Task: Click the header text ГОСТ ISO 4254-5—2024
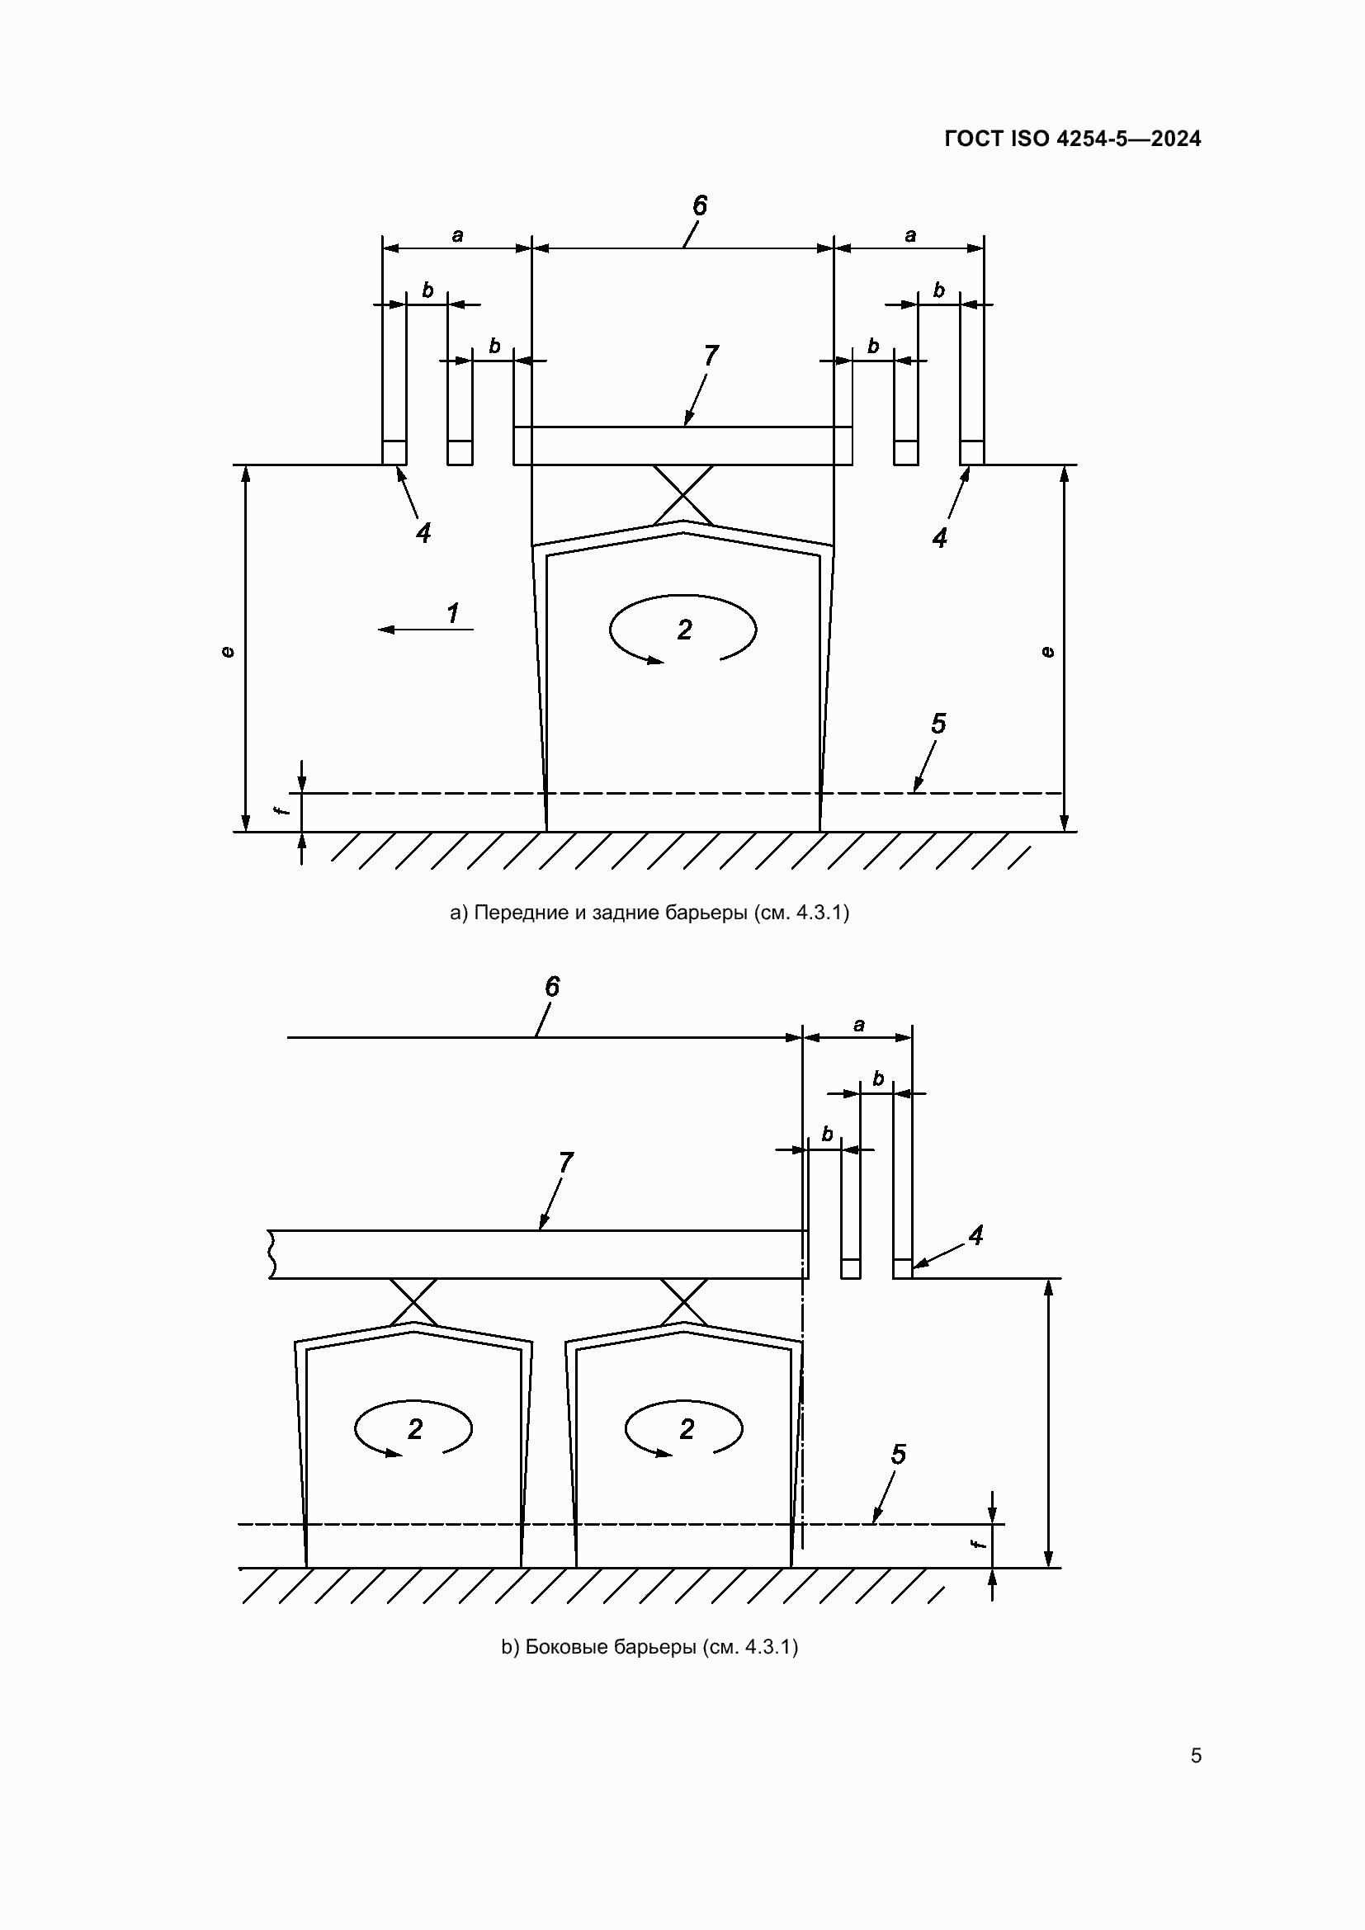click(1073, 139)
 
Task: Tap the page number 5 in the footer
click(1195, 1756)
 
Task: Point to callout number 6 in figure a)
click(699, 206)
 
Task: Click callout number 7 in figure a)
click(711, 356)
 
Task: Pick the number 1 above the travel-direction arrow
click(453, 613)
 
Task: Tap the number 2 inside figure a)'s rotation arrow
click(684, 630)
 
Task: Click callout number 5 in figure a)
click(938, 724)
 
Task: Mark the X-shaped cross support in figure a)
click(683, 493)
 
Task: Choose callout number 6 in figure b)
click(551, 987)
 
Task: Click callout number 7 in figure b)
click(565, 1163)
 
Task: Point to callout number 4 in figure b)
click(975, 1236)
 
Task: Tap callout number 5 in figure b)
click(898, 1455)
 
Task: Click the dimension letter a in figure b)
click(858, 1026)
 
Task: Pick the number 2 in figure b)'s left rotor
click(414, 1429)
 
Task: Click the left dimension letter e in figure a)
click(227, 652)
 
